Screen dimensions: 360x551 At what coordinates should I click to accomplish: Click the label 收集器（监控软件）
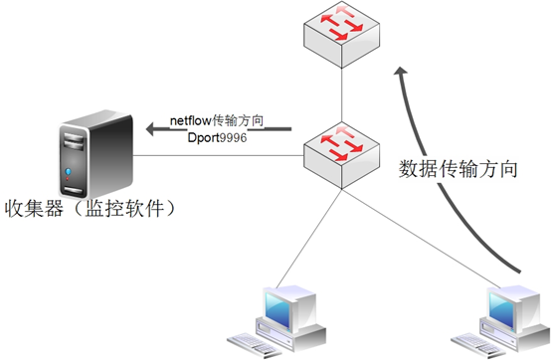point(92,208)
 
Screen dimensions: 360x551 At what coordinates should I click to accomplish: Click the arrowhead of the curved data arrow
point(400,74)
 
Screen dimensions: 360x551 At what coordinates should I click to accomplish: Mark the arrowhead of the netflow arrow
point(150,127)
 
